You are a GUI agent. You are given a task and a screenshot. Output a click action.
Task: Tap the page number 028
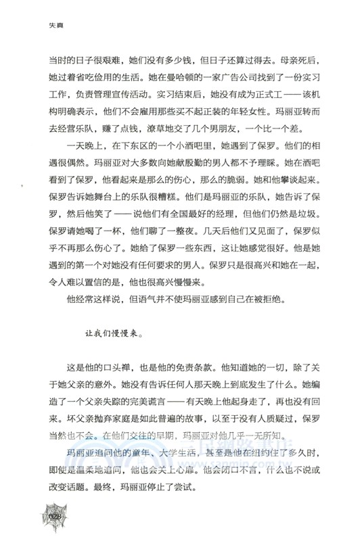(55, 519)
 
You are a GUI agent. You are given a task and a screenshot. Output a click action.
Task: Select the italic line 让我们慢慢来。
(114, 333)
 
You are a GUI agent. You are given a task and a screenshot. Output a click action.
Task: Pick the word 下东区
(125, 165)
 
